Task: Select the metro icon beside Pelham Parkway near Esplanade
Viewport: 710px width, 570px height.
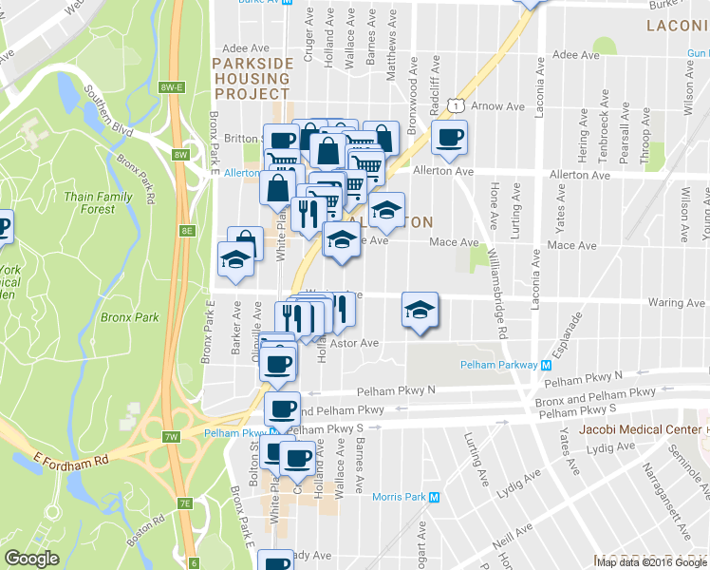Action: pyautogui.click(x=547, y=365)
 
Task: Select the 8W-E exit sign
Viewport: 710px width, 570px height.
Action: pyautogui.click(x=171, y=87)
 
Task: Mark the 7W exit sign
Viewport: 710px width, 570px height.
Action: pyautogui.click(x=171, y=437)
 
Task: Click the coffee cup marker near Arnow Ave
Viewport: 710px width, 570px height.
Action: pyautogui.click(x=449, y=139)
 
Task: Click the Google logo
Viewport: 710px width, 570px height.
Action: pyautogui.click(x=31, y=559)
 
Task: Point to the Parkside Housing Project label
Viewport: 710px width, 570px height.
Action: pyautogui.click(x=252, y=79)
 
